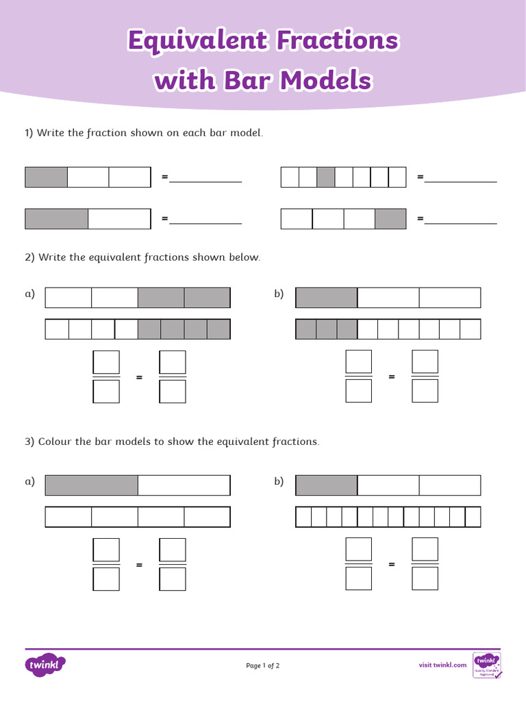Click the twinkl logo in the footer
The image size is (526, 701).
pos(45,664)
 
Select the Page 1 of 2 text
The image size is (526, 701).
pos(263,665)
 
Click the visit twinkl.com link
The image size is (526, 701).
pos(442,665)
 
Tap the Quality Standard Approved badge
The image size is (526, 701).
pos(487,665)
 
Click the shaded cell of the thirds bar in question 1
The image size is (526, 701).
pos(47,177)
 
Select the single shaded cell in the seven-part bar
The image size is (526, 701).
pos(326,177)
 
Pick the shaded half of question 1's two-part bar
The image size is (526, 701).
pos(57,219)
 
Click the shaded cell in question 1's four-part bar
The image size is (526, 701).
pos(390,219)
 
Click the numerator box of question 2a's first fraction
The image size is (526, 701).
pos(106,361)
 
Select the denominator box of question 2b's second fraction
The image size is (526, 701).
pos(425,391)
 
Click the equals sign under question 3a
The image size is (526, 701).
pos(139,565)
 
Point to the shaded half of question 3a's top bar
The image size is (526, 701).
pos(92,485)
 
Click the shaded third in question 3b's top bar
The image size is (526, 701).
pos(327,485)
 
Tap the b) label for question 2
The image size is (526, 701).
pos(279,294)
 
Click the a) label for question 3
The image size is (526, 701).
pos(29,481)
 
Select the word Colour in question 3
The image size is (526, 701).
pos(54,442)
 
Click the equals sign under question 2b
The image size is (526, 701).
pos(392,377)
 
